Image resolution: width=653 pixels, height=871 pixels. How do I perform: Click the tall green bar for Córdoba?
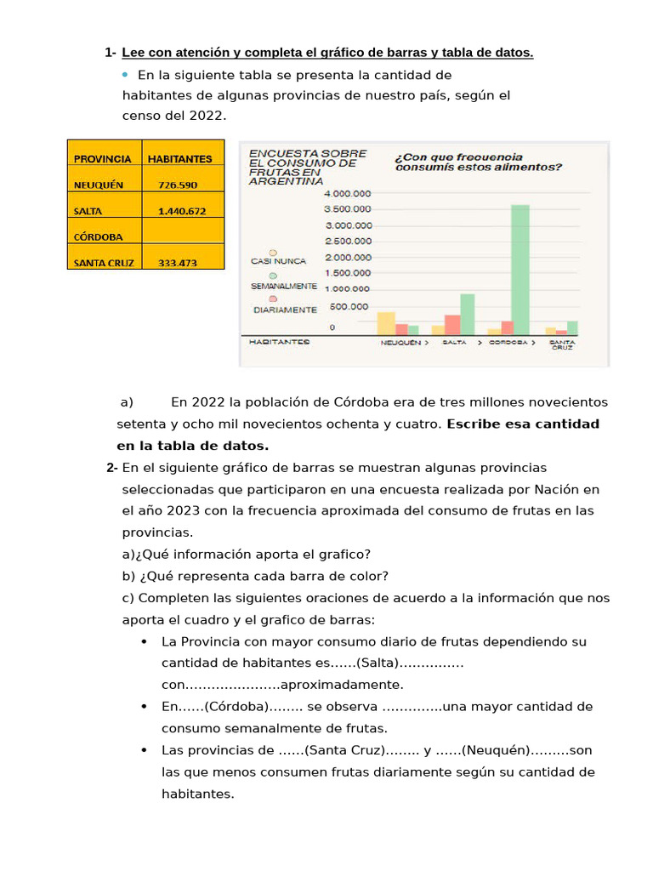(520, 270)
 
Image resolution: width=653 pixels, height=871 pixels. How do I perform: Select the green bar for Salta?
(467, 314)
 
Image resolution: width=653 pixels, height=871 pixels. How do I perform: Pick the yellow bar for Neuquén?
(386, 323)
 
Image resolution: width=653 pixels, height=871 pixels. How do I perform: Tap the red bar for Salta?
(452, 325)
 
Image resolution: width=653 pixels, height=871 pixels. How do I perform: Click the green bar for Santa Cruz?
(572, 327)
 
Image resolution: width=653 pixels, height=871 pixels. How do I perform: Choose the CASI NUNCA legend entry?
(272, 261)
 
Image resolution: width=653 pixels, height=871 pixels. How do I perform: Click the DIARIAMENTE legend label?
(285, 310)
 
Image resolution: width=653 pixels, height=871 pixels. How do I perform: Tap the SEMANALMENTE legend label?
(284, 286)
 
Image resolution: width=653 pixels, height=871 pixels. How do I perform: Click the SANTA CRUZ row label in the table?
(104, 263)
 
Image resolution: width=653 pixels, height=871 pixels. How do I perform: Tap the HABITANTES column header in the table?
(179, 158)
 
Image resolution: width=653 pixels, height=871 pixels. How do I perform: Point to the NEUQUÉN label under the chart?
(400, 342)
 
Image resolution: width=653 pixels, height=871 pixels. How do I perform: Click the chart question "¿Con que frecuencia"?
(459, 157)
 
